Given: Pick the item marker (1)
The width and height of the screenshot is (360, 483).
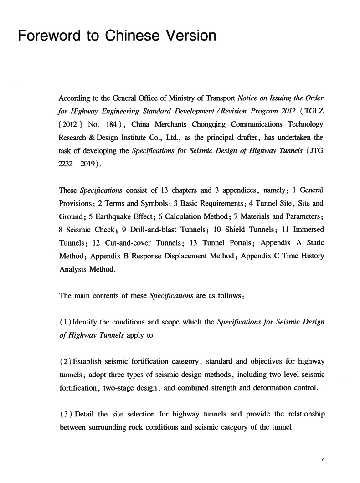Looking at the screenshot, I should [66, 322].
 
